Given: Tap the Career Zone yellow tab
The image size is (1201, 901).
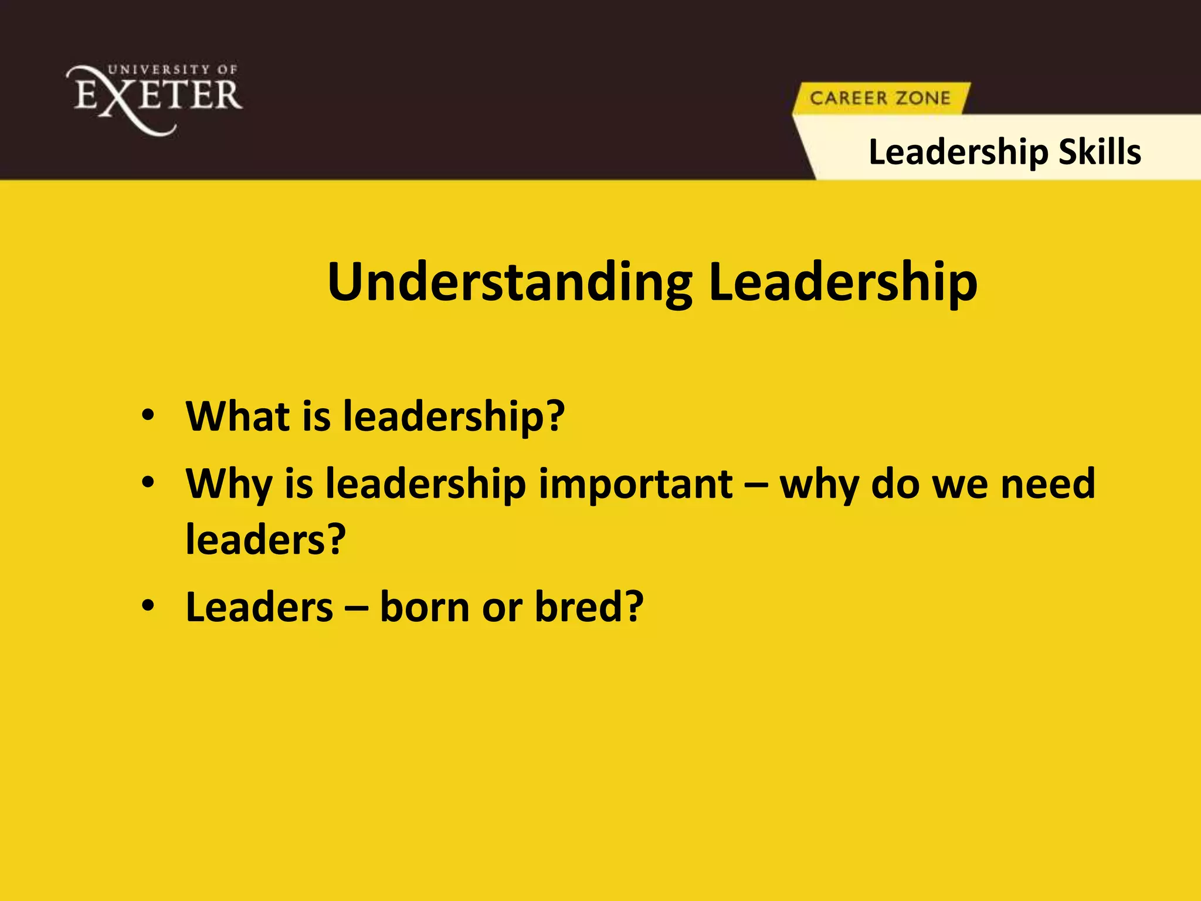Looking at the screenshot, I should (880, 98).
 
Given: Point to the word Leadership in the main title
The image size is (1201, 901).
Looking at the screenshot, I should (843, 283).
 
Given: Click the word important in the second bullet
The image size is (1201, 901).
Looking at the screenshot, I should (635, 484).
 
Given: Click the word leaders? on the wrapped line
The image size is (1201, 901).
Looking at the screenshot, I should (266, 539).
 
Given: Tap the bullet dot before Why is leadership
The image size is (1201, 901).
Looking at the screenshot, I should (148, 483).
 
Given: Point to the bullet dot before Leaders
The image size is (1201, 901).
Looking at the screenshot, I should (148, 605).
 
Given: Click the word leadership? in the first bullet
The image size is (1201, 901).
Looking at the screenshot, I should (453, 416).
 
